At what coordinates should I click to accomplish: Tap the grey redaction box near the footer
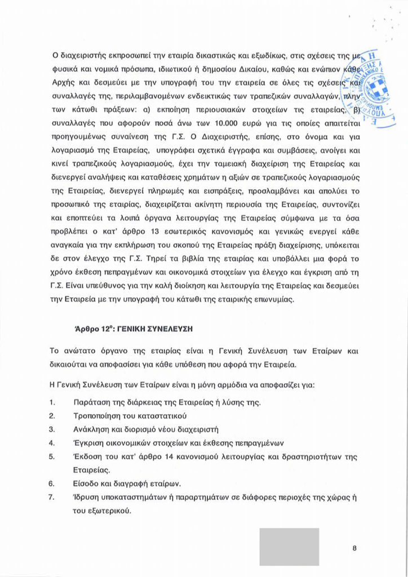click(x=289, y=547)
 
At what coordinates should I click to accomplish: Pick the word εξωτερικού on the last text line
click(x=109, y=511)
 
